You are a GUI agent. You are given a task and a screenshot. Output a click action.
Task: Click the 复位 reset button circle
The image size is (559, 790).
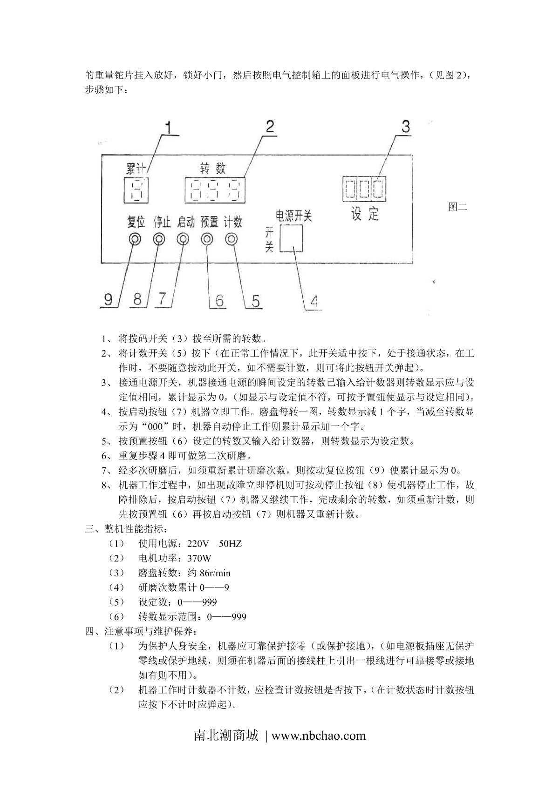[135, 239]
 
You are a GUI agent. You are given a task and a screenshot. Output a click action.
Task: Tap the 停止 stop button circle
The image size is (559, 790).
[159, 239]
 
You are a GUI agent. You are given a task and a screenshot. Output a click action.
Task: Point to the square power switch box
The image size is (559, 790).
[291, 238]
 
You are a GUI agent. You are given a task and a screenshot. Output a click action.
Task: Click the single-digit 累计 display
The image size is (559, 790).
[136, 190]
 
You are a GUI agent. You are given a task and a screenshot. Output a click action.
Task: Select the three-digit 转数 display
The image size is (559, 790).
[215, 190]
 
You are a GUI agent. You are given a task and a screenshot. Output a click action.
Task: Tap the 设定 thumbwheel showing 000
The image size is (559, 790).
[364, 189]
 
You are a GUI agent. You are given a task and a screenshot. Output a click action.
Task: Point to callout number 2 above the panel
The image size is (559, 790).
[269, 127]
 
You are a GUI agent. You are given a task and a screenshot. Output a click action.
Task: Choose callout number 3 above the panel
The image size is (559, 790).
[406, 126]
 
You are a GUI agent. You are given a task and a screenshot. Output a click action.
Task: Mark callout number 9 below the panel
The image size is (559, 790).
[109, 299]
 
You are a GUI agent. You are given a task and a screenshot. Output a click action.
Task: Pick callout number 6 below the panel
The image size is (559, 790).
[219, 300]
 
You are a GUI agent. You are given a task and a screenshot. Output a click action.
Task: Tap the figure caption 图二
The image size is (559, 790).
[457, 207]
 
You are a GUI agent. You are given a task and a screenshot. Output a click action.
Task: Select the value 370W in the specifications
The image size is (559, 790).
[199, 558]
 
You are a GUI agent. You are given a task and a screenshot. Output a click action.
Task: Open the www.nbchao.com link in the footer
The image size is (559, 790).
[319, 736]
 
